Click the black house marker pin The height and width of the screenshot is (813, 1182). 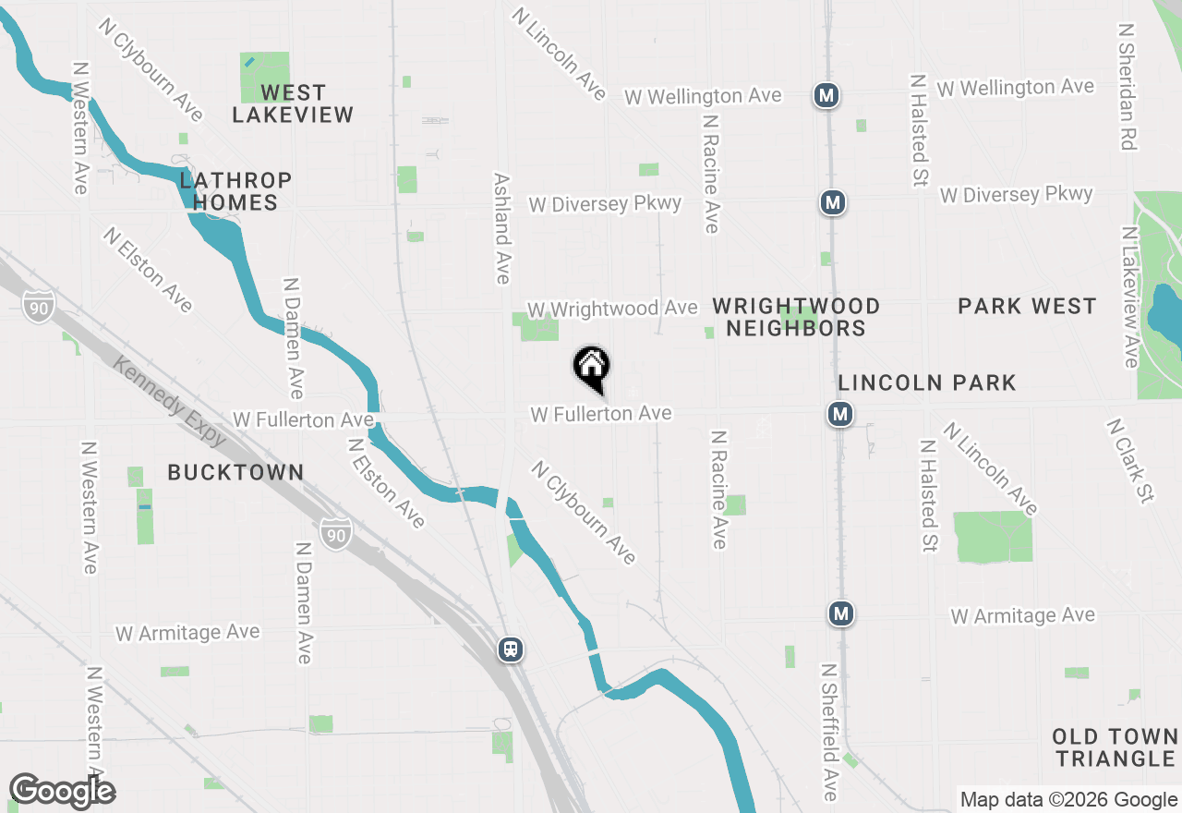tap(592, 368)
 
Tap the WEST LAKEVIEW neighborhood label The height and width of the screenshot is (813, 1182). tap(293, 103)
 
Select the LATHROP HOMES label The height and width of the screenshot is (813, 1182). tap(235, 191)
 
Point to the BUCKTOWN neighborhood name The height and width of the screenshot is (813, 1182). tap(235, 472)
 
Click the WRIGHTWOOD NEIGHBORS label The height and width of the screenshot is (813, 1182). tap(796, 317)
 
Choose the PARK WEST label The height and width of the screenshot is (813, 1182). tap(1027, 306)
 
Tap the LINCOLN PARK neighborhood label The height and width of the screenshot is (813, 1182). tap(926, 382)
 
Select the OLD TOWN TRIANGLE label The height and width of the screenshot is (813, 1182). tap(1116, 747)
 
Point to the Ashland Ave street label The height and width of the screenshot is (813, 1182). tap(502, 228)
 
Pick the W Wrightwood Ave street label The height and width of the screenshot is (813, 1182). tap(612, 308)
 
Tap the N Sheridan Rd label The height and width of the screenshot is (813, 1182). tap(1127, 87)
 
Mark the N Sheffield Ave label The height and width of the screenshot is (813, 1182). tap(828, 732)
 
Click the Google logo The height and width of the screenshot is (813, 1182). tap(62, 791)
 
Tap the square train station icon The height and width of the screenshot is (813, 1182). tap(511, 649)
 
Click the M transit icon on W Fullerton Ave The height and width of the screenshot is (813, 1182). tap(839, 415)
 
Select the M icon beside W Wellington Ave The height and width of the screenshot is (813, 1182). tap(826, 94)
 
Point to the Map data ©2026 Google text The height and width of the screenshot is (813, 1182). tap(1068, 800)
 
